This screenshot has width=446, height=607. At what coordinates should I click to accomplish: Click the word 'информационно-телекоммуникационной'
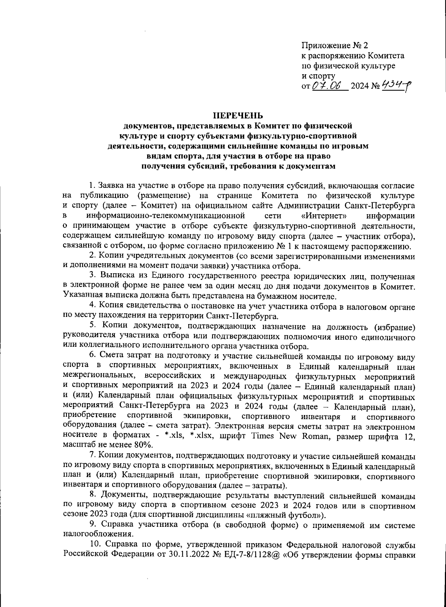(x=165, y=215)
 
